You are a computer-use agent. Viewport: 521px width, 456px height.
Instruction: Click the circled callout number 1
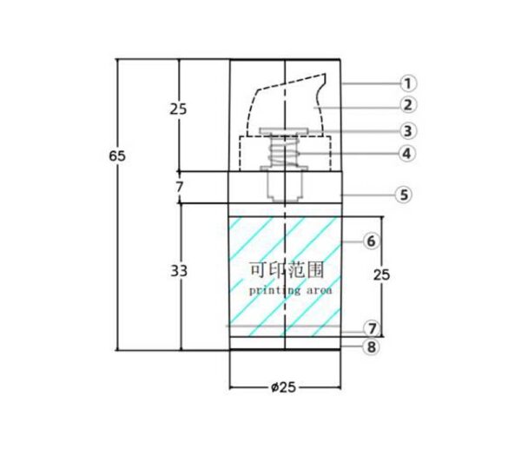pyautogui.click(x=408, y=83)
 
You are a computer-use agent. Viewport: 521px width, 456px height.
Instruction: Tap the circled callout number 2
pyautogui.click(x=408, y=105)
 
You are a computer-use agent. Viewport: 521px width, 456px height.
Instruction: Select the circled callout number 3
pyautogui.click(x=408, y=131)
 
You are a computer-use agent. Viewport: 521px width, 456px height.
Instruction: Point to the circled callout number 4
pyautogui.click(x=407, y=154)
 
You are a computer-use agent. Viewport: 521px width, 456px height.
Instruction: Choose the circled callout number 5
pyautogui.click(x=404, y=195)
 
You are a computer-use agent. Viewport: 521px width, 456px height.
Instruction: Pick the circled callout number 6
pyautogui.click(x=372, y=241)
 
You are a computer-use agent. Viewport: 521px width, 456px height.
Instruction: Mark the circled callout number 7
pyautogui.click(x=372, y=328)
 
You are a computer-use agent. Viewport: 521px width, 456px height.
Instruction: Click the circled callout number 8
pyautogui.click(x=372, y=347)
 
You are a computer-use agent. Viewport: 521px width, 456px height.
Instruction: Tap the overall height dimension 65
pyautogui.click(x=117, y=155)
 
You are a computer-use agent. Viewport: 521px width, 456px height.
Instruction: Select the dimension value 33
pyautogui.click(x=179, y=271)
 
